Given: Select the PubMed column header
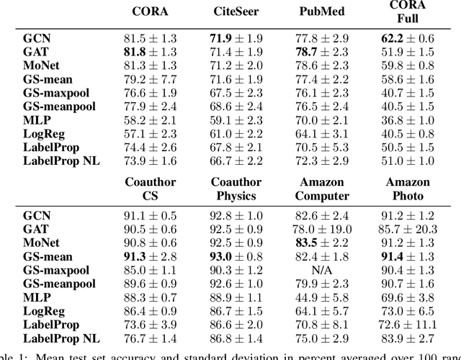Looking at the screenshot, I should point(321,12).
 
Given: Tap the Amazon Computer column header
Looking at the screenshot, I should point(323,189).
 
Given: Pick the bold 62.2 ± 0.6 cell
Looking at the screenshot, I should point(408,37).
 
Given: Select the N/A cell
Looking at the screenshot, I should point(323,271).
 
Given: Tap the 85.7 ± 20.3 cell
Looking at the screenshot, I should point(408,229).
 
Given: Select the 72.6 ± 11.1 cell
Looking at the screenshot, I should point(408,325).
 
